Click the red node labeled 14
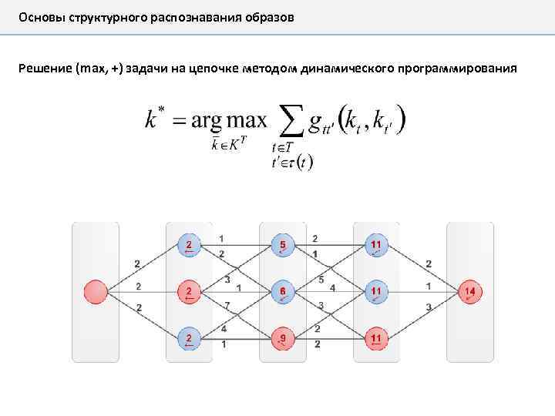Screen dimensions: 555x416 coord(470,292)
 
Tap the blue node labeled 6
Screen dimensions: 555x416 coord(283,292)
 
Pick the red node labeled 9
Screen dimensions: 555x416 coord(283,337)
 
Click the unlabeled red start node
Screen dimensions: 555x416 coord(96,292)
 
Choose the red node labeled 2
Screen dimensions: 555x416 coord(189,292)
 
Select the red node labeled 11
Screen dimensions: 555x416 coord(376,337)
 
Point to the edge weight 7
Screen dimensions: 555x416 coord(227,306)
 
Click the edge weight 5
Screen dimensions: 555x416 coord(321,280)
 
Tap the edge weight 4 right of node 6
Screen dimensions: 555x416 coord(332,288)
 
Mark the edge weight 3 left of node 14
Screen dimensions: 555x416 coord(429,307)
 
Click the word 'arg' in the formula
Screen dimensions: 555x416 coord(207,121)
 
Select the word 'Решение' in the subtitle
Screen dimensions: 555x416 coord(45,69)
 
